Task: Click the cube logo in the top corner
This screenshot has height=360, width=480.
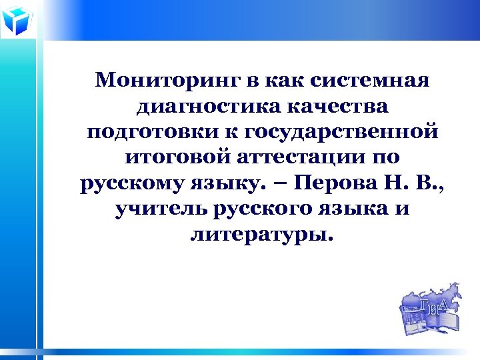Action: [17, 20]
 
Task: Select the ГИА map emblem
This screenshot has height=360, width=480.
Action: [429, 310]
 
